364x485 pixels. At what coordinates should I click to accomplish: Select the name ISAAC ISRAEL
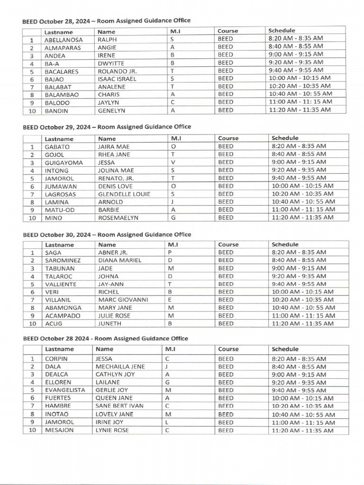[x=117, y=79]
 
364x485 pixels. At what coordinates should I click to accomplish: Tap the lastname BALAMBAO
[x=62, y=94]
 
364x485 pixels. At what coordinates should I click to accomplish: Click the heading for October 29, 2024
[x=107, y=127]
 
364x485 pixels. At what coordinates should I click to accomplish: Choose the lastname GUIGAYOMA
[x=64, y=162]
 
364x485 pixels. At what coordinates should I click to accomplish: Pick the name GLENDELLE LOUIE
[x=124, y=194]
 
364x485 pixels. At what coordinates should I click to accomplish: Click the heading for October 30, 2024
[x=107, y=234]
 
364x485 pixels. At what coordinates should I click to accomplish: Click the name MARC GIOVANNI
[x=123, y=300]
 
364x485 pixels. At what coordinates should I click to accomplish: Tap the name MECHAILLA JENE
[x=120, y=367]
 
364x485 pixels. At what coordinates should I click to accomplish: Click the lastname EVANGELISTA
[x=65, y=390]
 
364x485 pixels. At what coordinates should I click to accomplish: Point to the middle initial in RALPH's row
[x=172, y=40]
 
